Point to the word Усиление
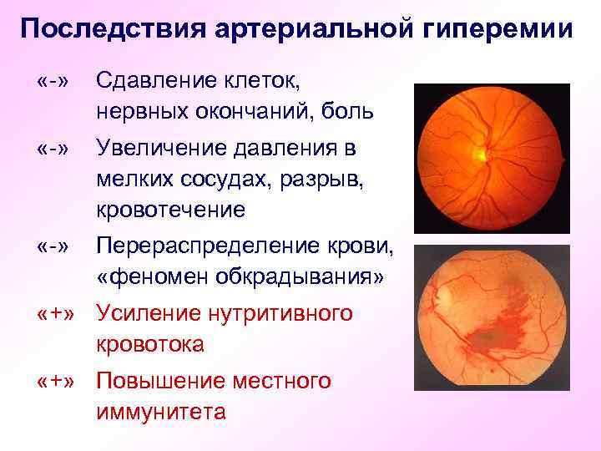[x=143, y=314]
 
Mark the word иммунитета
[x=161, y=412]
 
